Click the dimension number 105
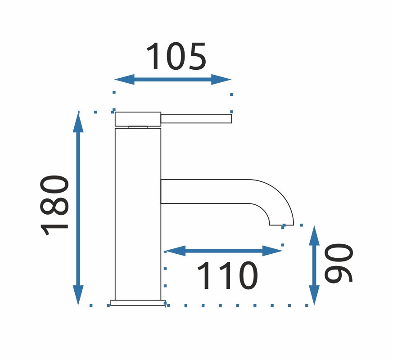point(176,57)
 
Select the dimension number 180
point(54,206)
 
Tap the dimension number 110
point(228,275)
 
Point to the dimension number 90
point(339,263)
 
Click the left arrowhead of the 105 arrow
point(125,80)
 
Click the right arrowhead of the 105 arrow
point(221,80)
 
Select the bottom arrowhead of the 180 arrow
point(78,295)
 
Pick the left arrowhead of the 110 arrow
point(175,251)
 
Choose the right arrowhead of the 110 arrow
point(272,251)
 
